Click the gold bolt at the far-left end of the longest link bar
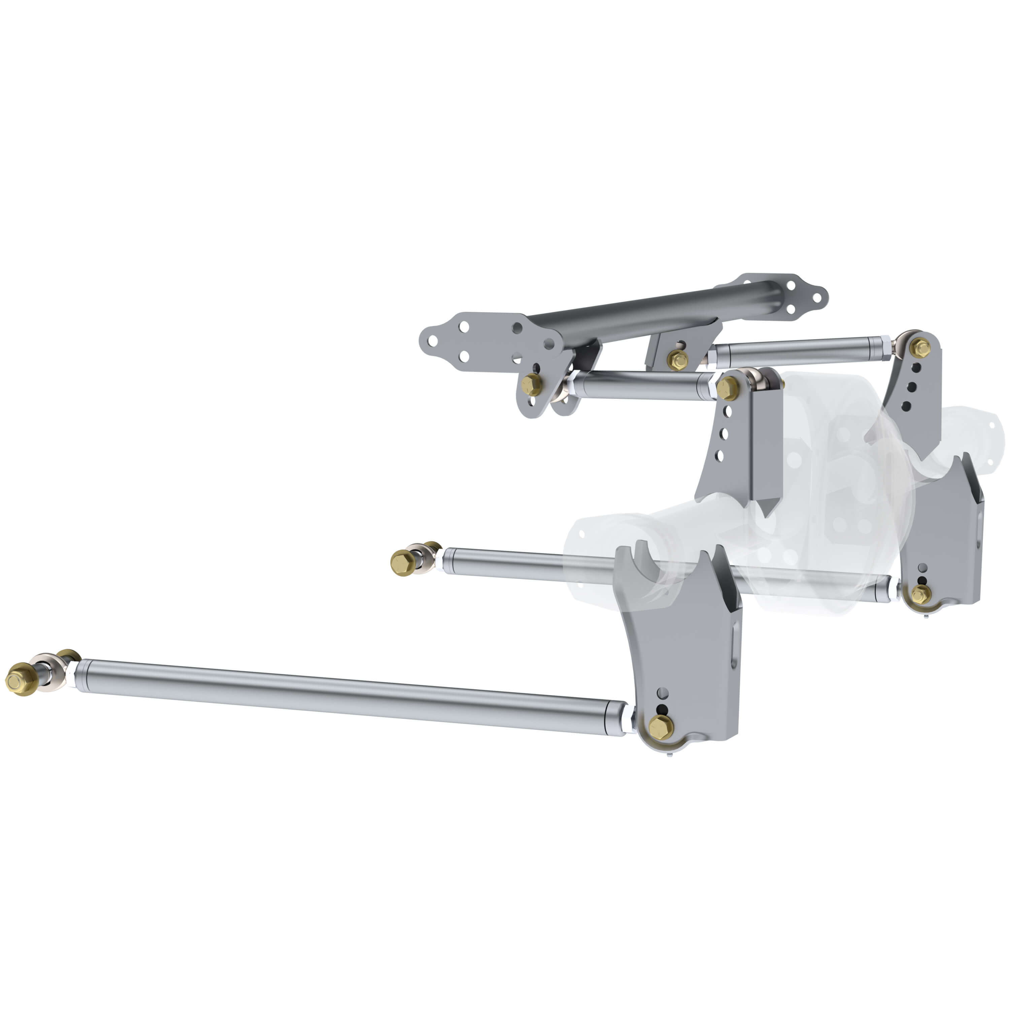pyautogui.click(x=20, y=680)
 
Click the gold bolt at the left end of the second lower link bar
pyautogui.click(x=403, y=563)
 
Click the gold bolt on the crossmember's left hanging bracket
pyautogui.click(x=532, y=385)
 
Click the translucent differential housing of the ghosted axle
pyautogui.click(x=836, y=471)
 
